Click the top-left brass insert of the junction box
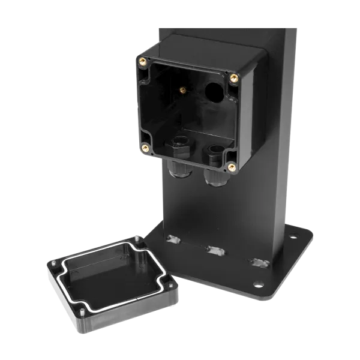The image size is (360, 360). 143,60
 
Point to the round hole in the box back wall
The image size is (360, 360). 213,92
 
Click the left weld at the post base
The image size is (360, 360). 172,239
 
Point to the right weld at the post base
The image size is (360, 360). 260,262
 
